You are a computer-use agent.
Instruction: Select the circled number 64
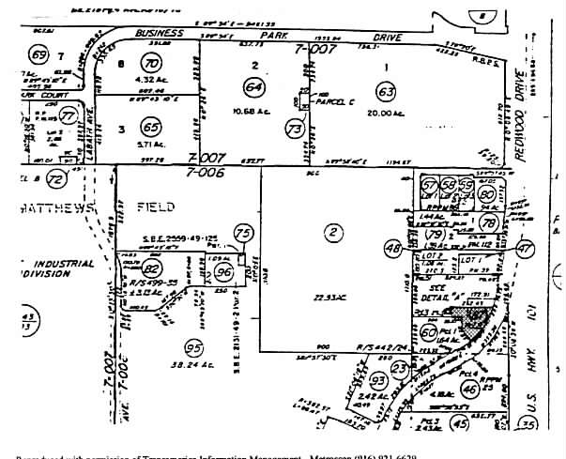pyautogui.click(x=252, y=86)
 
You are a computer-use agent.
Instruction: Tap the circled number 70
pyautogui.click(x=151, y=64)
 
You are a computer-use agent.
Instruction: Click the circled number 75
pyautogui.click(x=244, y=234)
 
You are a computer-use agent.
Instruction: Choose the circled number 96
pyautogui.click(x=223, y=272)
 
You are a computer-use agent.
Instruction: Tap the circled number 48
pyautogui.click(x=393, y=248)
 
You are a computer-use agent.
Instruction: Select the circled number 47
pyautogui.click(x=525, y=249)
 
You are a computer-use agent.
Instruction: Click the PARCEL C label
pyautogui.click(x=335, y=98)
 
